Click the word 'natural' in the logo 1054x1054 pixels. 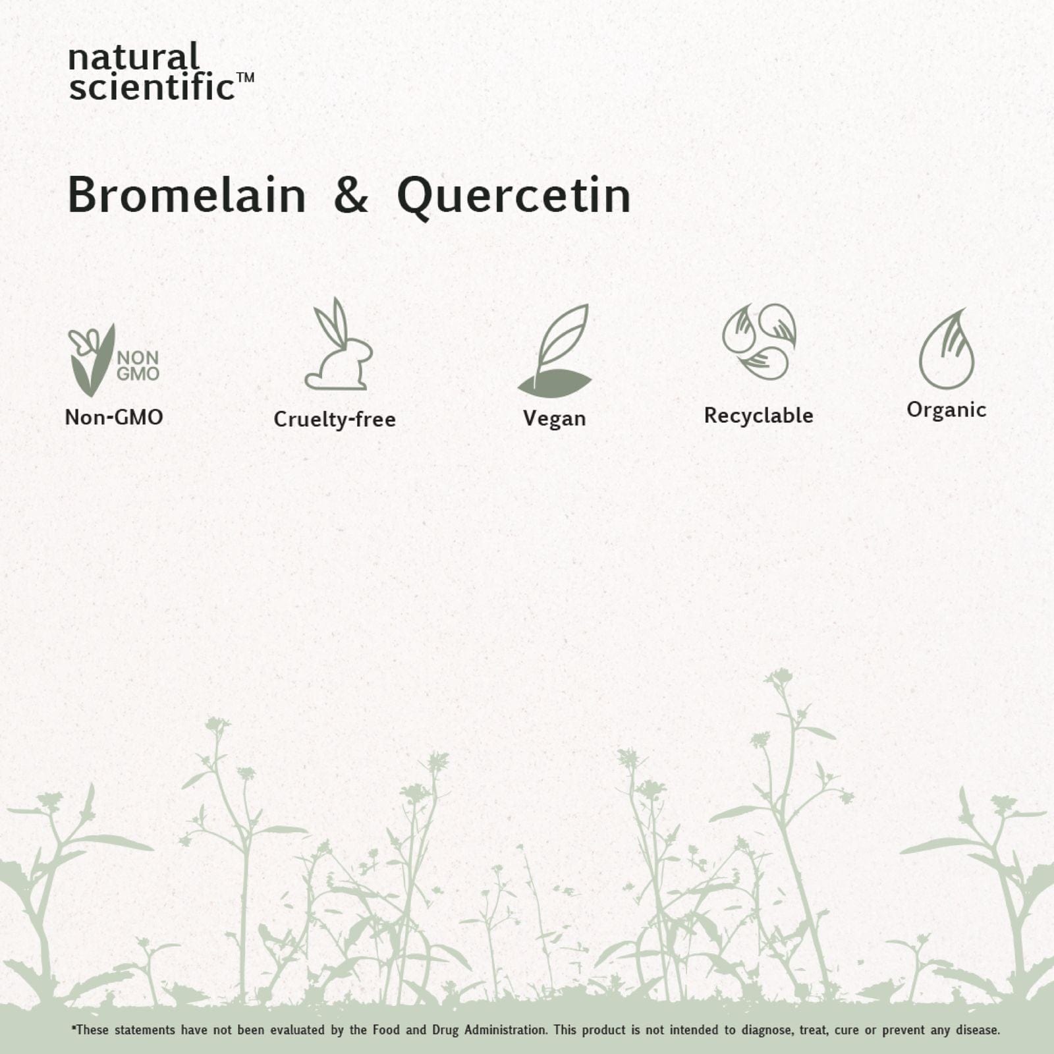134,57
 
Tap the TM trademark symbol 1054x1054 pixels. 245,77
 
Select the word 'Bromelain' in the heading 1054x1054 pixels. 187,195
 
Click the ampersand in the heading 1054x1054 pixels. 351,195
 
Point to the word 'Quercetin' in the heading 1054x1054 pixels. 514,196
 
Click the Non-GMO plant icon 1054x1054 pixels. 113,360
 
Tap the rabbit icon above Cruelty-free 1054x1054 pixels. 339,343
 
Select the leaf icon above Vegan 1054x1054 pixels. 555,351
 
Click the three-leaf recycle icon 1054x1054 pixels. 759,342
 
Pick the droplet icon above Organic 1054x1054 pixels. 947,349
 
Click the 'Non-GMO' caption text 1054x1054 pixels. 114,417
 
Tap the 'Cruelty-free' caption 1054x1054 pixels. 335,419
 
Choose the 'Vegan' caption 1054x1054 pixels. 555,419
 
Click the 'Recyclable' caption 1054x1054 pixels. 759,416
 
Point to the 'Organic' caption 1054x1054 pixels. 947,410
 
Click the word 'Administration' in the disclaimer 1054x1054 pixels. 505,1030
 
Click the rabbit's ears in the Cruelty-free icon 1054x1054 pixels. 332,323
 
